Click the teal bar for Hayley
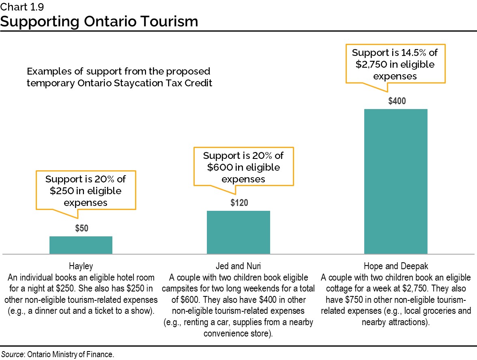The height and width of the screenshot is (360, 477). coord(81,245)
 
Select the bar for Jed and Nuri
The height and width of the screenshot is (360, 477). coord(238,232)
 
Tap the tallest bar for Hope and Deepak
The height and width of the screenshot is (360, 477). coord(395,181)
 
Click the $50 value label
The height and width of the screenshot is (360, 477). coord(82,229)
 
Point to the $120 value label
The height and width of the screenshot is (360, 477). coord(239,203)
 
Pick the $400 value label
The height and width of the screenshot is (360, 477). coord(397,101)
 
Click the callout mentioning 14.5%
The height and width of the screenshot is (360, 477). coord(395,64)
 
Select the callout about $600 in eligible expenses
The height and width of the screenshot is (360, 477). coord(243,167)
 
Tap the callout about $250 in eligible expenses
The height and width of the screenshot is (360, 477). coord(86,191)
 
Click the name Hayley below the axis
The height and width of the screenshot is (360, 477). coord(81,266)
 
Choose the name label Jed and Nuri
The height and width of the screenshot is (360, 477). coord(238,266)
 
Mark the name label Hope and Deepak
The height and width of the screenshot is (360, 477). coord(396,266)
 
